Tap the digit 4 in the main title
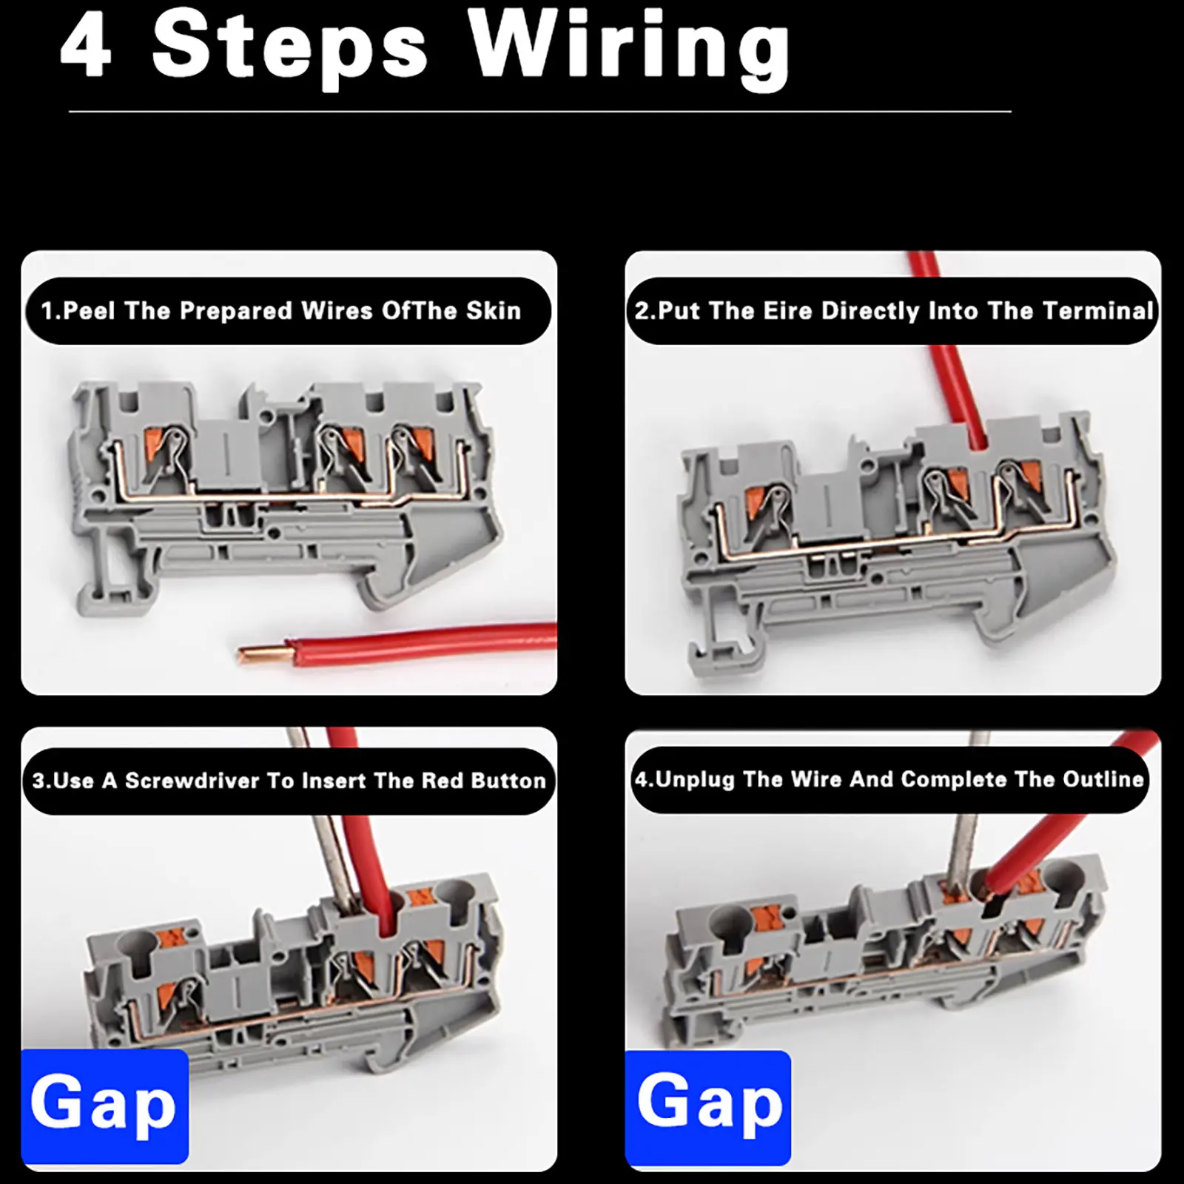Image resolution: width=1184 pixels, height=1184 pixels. [x=87, y=46]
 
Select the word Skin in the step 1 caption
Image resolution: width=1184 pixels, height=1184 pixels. [x=494, y=311]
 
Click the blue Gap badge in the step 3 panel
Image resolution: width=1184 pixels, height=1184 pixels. [x=104, y=1105]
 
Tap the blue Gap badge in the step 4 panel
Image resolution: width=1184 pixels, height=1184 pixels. [x=708, y=1106]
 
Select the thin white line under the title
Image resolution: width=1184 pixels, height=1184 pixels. [x=540, y=112]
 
